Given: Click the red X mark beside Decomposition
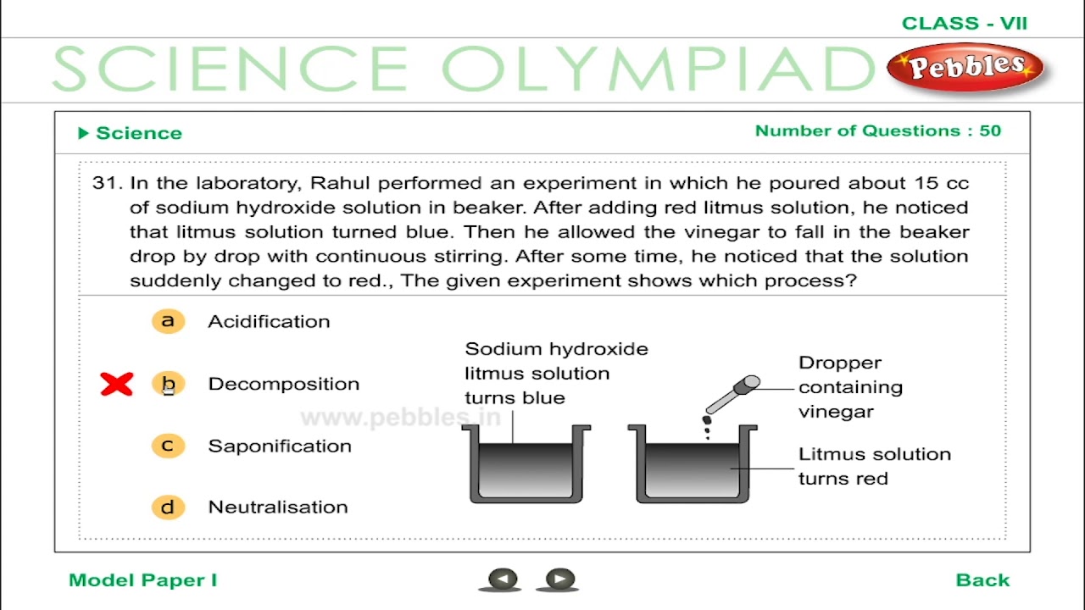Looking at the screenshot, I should tap(117, 385).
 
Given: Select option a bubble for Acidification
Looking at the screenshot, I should tap(168, 321).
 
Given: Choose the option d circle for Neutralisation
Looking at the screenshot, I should tap(168, 507).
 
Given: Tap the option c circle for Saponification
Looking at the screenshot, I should tap(168, 446).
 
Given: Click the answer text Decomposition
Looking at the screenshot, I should tap(283, 384).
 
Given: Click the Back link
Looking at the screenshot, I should tap(982, 580).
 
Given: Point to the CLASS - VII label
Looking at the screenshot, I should tap(964, 24).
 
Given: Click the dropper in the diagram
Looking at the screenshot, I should tap(730, 396).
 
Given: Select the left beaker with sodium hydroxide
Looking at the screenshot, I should tap(526, 465).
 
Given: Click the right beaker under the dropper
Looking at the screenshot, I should tap(692, 465).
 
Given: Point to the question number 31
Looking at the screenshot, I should tap(108, 183).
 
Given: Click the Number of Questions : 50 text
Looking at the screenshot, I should tap(877, 131).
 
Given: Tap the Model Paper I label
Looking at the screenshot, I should tap(142, 580).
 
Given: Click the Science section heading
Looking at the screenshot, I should tap(138, 133).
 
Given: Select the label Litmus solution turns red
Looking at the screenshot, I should tap(874, 466).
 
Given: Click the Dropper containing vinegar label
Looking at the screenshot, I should tap(849, 387).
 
